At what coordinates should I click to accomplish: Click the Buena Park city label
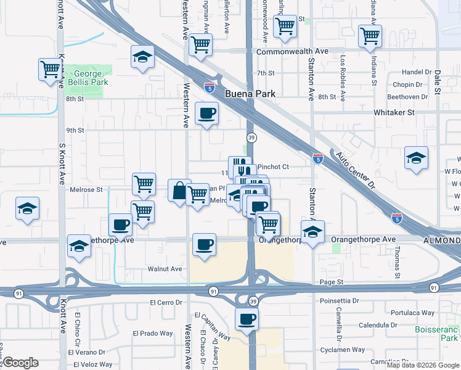click(250, 94)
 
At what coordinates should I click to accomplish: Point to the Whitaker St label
click(394, 113)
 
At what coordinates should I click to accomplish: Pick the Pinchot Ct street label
click(273, 166)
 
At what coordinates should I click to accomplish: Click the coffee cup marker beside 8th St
click(206, 113)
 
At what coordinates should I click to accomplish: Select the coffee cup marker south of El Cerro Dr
click(247, 319)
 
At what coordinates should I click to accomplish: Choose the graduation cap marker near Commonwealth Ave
click(142, 57)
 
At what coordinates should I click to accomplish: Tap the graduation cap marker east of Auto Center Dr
click(416, 158)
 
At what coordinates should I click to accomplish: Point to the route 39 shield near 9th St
click(251, 136)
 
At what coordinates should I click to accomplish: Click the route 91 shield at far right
click(434, 288)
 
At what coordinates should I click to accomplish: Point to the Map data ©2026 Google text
click(422, 365)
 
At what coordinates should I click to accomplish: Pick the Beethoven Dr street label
click(407, 97)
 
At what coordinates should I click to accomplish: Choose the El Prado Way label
click(153, 334)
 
